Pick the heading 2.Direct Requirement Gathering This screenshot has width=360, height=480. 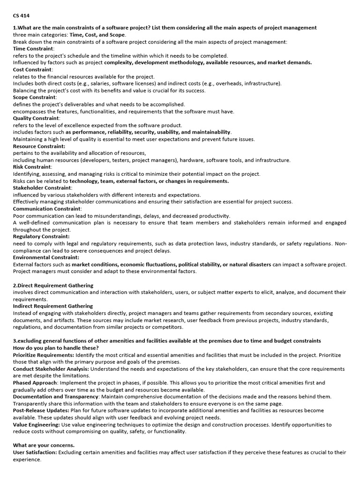[x=53, y=285]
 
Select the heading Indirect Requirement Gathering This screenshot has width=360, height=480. [x=53, y=306]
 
